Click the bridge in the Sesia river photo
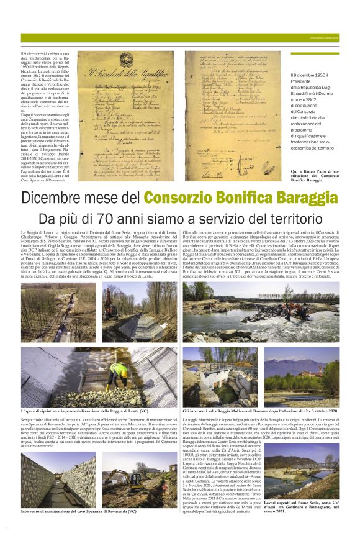pyautogui.click(x=313, y=466)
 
